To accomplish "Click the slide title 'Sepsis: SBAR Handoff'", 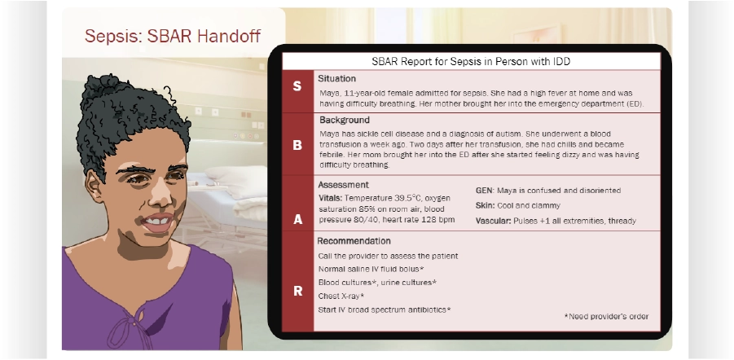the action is (172, 36).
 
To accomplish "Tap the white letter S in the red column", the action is (297, 86).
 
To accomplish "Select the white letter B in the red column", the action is (297, 145).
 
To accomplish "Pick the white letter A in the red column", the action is (297, 219).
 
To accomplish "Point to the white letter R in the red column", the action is (297, 292).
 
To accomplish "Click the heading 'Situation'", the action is (336, 79).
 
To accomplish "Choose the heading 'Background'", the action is (344, 121).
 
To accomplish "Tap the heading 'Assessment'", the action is (343, 185).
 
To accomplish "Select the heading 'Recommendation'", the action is (354, 241).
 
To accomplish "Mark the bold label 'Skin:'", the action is (485, 205).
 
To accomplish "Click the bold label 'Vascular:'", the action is (494, 221).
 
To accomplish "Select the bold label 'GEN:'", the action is (485, 191).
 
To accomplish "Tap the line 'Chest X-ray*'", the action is (341, 296).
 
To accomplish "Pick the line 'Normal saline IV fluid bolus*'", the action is (371, 269).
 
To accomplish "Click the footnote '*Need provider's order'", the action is (606, 317).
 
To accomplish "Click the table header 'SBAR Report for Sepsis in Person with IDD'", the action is (471, 61).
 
